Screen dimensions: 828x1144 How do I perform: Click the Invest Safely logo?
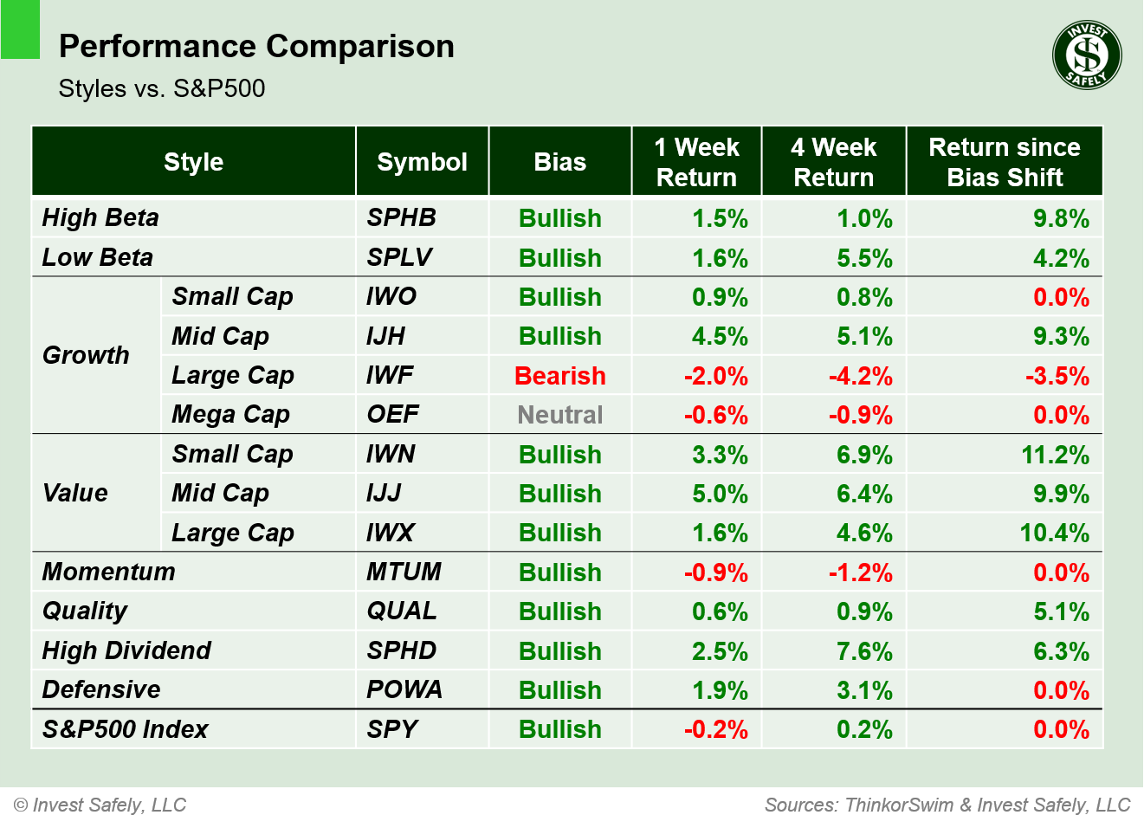click(x=1087, y=55)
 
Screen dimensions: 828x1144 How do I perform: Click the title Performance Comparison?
click(x=256, y=47)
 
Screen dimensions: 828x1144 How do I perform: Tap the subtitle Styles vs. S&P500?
click(x=162, y=88)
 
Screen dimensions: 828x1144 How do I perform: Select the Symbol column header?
click(x=422, y=162)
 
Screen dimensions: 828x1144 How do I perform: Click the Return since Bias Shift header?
click(x=1004, y=162)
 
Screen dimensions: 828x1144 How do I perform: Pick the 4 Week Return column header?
click(x=833, y=162)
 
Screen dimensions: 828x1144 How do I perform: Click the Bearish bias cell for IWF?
click(x=559, y=376)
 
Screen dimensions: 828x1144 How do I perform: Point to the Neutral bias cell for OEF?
click(x=559, y=415)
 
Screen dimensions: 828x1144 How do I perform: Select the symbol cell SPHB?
click(x=401, y=218)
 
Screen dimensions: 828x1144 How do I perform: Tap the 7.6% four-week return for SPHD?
click(x=863, y=651)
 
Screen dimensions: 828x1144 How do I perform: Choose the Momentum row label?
click(x=109, y=572)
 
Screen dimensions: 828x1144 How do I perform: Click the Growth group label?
click(x=86, y=355)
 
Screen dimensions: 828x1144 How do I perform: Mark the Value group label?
click(x=75, y=494)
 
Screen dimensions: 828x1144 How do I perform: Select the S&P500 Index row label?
click(x=126, y=729)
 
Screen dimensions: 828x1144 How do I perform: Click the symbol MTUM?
click(x=404, y=572)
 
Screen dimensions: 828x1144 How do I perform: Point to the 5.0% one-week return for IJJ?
click(x=719, y=494)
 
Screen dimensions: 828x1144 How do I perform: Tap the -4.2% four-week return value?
click(x=860, y=376)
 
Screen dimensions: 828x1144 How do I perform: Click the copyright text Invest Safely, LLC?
click(x=100, y=805)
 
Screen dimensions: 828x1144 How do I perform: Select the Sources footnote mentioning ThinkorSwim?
click(x=947, y=805)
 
